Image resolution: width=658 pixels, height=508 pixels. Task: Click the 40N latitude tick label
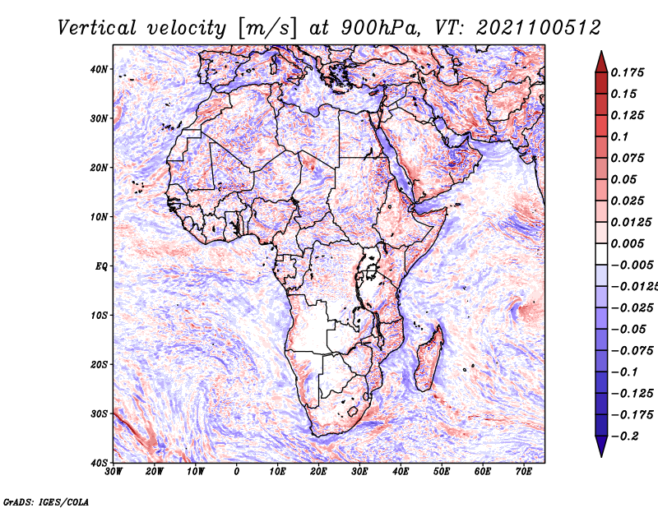click(99, 69)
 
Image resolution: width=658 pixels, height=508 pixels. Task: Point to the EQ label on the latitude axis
click(101, 266)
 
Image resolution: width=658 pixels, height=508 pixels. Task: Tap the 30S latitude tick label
click(99, 413)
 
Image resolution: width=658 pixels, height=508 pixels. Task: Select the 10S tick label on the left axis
click(99, 315)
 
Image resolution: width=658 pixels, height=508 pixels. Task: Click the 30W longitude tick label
click(113, 472)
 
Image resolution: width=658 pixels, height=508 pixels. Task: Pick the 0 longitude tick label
click(236, 472)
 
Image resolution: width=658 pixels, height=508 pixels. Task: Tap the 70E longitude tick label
click(523, 472)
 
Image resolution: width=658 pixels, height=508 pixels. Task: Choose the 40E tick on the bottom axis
click(401, 472)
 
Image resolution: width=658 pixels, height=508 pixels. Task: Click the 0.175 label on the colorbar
click(627, 73)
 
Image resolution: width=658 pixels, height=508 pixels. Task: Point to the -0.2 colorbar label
click(624, 436)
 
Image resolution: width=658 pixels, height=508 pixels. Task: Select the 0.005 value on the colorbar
click(627, 243)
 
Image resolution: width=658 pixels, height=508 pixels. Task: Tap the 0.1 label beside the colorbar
click(619, 136)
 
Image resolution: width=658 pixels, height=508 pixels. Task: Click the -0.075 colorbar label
click(632, 351)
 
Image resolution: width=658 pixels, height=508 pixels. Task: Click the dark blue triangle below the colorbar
click(601, 446)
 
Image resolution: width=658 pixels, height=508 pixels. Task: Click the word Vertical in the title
click(96, 28)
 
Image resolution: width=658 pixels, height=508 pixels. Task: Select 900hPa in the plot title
click(380, 28)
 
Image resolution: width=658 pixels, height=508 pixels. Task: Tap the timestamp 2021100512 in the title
click(538, 28)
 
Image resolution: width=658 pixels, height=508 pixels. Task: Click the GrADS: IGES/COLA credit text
click(46, 501)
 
